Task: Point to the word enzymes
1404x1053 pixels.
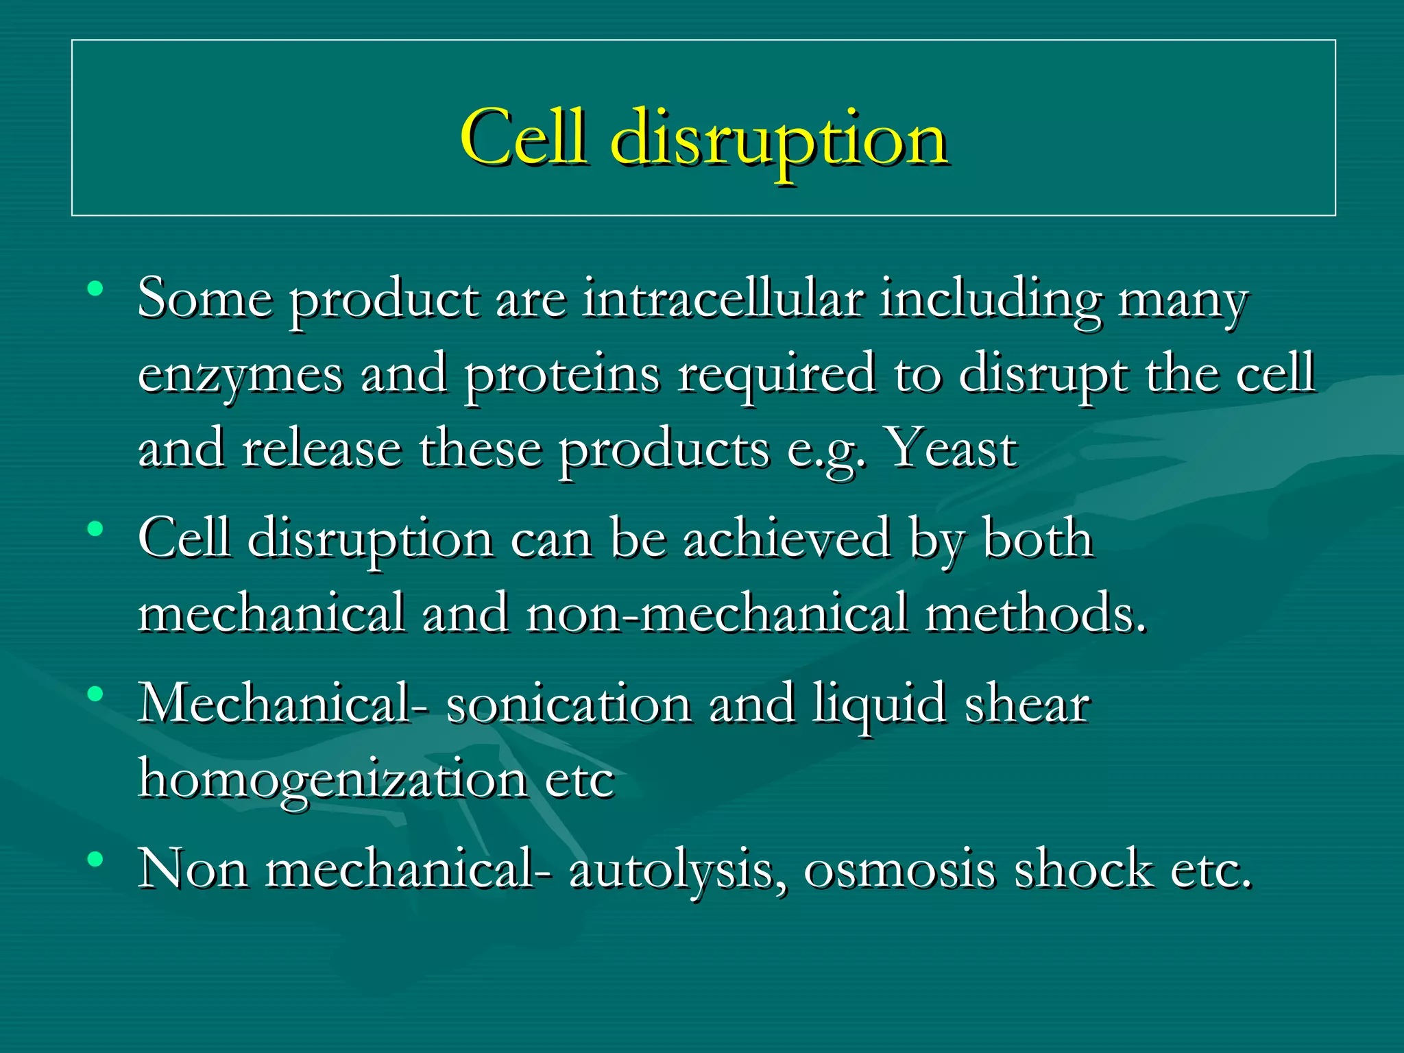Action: [x=240, y=376]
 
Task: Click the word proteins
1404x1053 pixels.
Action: [x=562, y=376]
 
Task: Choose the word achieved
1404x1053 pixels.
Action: [x=787, y=539]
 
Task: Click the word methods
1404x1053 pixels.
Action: [x=1035, y=613]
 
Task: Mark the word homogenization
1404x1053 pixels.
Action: [x=332, y=780]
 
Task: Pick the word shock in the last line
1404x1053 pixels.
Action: [x=1083, y=869]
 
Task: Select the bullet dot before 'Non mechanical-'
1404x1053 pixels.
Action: [x=95, y=858]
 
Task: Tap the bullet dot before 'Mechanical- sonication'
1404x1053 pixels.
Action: [x=95, y=694]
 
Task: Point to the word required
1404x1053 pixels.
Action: [x=776, y=376]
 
